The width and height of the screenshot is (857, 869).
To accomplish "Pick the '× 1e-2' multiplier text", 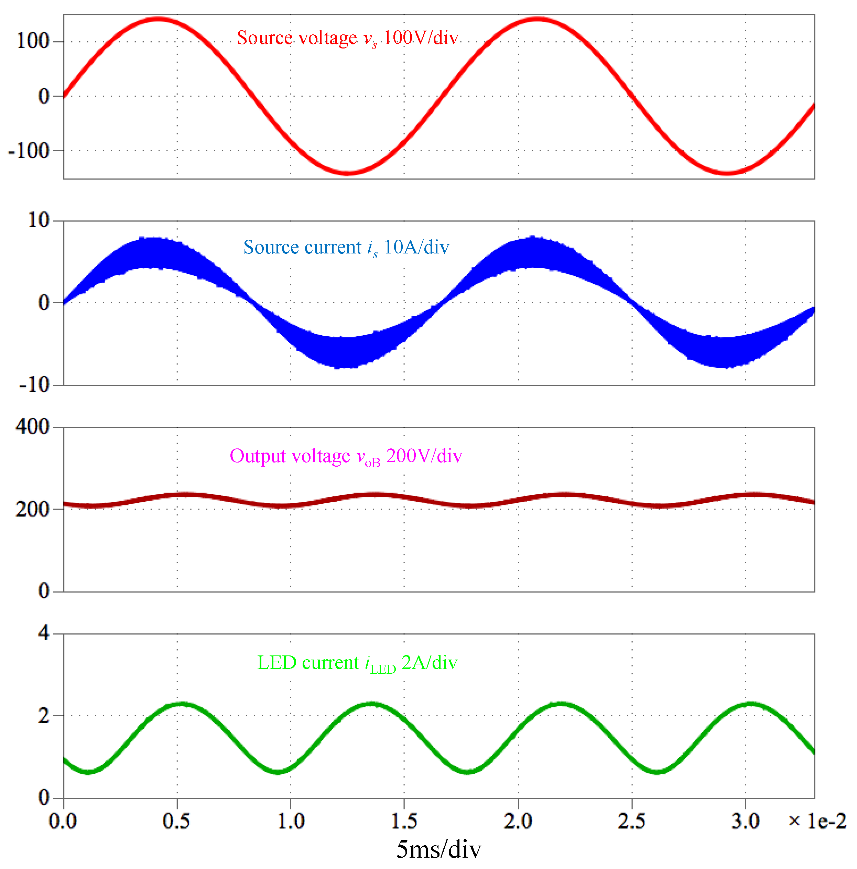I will (x=816, y=821).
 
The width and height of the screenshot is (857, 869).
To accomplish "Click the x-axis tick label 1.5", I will (x=403, y=821).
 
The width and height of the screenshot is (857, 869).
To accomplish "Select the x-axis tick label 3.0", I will (x=745, y=821).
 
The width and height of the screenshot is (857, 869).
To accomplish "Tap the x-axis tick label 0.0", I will (x=63, y=821).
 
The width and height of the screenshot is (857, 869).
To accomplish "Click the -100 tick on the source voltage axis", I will (x=29, y=151).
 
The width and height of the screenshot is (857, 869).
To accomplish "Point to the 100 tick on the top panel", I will (x=32, y=41).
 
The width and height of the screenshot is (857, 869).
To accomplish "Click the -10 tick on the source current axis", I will (x=34, y=385).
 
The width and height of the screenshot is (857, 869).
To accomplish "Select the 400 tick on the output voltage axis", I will (x=32, y=426).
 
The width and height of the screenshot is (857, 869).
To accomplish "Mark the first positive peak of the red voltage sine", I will (x=158, y=19).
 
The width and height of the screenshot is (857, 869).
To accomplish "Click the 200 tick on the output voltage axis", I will (x=32, y=509).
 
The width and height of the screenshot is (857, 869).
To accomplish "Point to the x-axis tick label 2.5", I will (x=631, y=821).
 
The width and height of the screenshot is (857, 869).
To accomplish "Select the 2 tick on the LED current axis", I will (x=44, y=716).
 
